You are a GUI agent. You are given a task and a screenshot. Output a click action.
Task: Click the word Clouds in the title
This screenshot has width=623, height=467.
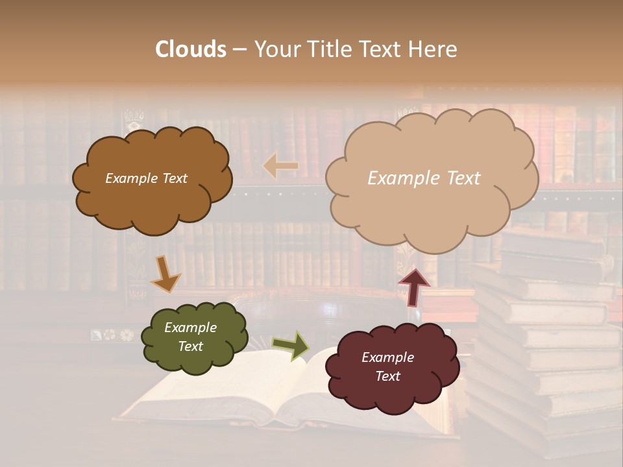pyautogui.click(x=191, y=49)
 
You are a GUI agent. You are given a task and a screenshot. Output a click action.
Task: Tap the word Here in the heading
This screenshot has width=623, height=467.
pyautogui.click(x=433, y=49)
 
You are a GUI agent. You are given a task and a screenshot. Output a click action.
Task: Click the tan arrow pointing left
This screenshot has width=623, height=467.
pyautogui.click(x=280, y=167)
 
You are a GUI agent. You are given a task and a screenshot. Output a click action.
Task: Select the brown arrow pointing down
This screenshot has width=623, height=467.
pyautogui.click(x=165, y=274)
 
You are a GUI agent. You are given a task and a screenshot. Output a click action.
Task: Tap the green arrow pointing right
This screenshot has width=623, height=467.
pyautogui.click(x=291, y=346)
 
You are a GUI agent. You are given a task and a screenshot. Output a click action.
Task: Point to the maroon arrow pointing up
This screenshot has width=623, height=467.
pyautogui.click(x=413, y=287)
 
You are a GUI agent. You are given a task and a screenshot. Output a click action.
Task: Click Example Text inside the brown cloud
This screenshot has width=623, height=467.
pyautogui.click(x=146, y=178)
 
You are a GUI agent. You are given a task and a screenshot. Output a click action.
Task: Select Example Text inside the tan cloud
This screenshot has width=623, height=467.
pyautogui.click(x=424, y=178)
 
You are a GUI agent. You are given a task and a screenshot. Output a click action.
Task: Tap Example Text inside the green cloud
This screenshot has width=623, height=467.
pyautogui.click(x=190, y=337)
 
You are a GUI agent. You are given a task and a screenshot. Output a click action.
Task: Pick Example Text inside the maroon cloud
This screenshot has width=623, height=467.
pyautogui.click(x=387, y=367)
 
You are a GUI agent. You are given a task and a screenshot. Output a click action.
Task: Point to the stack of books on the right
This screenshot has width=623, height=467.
pyautogui.click(x=545, y=337)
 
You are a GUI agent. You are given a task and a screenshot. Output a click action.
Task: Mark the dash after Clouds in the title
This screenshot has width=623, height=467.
pyautogui.click(x=239, y=49)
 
